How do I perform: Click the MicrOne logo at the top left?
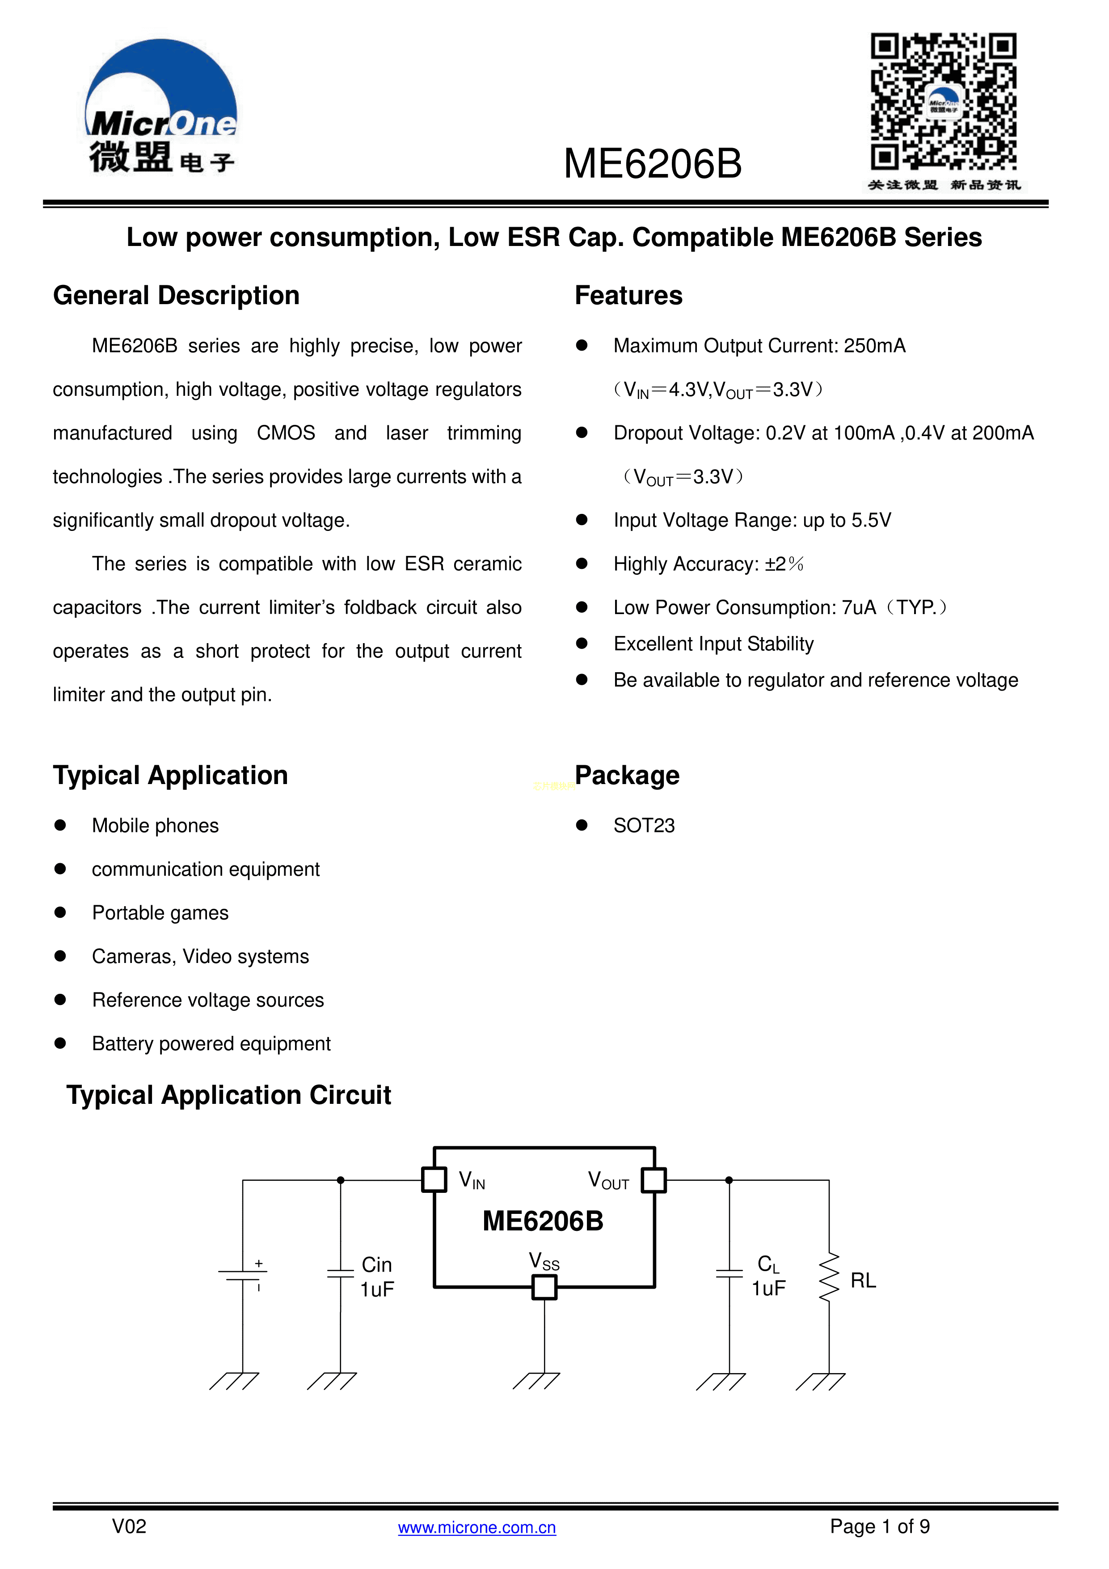pos(162,106)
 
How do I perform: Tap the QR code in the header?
pos(943,101)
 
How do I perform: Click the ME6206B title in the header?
pos(652,164)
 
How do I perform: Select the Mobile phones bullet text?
pos(155,826)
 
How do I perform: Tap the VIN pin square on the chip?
pos(434,1179)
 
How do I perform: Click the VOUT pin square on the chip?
pos(654,1179)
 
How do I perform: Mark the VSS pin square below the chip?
pos(544,1288)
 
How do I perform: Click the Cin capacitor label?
pos(376,1265)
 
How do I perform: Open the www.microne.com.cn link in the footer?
pos(476,1527)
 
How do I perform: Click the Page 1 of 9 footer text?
pos(880,1527)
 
